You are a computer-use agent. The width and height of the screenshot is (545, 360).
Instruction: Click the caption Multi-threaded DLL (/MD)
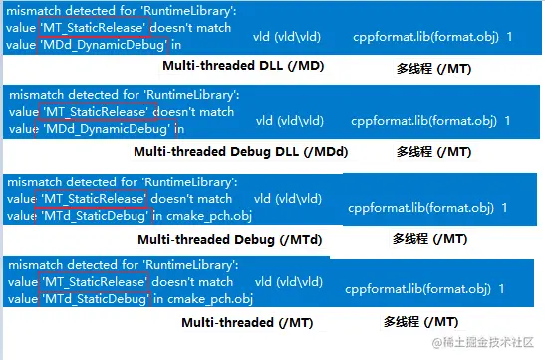(243, 67)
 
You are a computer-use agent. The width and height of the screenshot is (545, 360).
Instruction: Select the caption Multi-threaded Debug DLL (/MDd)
(241, 152)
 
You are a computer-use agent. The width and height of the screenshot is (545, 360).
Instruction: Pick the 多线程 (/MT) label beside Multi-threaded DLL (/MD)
(432, 67)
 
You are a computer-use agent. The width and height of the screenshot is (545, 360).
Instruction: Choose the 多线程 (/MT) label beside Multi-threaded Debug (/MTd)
(429, 239)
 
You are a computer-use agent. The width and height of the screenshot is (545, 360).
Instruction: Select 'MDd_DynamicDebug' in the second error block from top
(104, 128)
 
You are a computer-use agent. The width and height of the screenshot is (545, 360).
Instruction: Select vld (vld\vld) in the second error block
(289, 121)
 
